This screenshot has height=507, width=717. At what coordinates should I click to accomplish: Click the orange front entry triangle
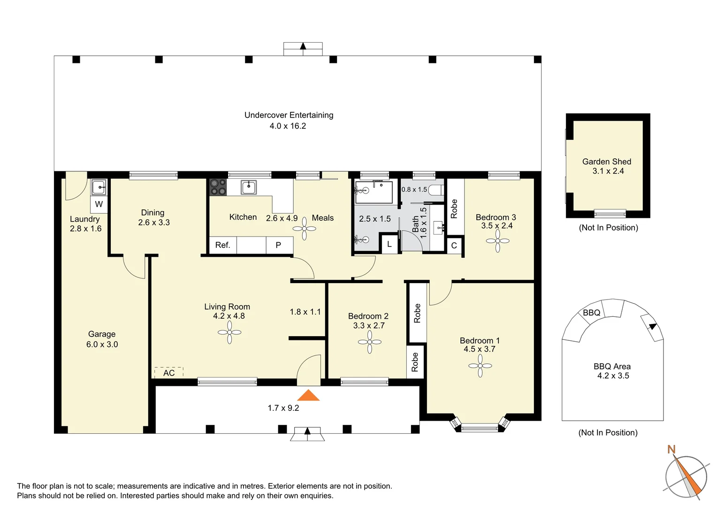click(x=308, y=395)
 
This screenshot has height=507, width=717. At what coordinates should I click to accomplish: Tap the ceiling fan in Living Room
click(x=229, y=332)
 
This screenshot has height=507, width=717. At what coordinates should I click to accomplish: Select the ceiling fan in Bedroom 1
click(x=480, y=365)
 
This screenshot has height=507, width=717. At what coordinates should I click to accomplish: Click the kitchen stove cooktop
click(x=218, y=187)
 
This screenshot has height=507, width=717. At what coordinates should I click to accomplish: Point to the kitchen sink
click(x=249, y=187)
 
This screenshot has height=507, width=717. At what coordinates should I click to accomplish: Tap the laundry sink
click(x=99, y=187)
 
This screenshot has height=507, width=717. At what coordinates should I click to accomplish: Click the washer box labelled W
click(x=99, y=204)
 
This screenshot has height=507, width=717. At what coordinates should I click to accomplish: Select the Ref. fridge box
click(x=223, y=246)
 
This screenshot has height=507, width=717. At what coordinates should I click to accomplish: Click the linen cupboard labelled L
click(x=389, y=245)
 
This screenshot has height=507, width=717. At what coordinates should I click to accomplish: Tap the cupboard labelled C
click(x=454, y=246)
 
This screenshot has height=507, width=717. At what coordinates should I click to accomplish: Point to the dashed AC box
click(x=169, y=372)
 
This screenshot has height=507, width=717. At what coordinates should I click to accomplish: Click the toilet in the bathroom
click(x=435, y=190)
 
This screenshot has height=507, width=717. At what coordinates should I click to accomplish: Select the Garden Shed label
click(x=607, y=162)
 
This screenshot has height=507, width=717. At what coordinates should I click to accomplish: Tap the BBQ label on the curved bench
click(x=591, y=313)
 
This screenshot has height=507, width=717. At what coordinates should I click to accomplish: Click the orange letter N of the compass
click(x=671, y=450)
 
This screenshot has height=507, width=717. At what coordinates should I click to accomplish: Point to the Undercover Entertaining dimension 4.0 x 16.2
click(x=288, y=126)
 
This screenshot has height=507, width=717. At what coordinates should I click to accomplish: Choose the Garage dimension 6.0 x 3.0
click(x=102, y=345)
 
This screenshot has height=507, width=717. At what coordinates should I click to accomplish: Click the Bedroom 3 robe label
click(x=454, y=209)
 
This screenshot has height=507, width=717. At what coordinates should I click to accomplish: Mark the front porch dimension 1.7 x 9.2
click(x=283, y=408)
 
